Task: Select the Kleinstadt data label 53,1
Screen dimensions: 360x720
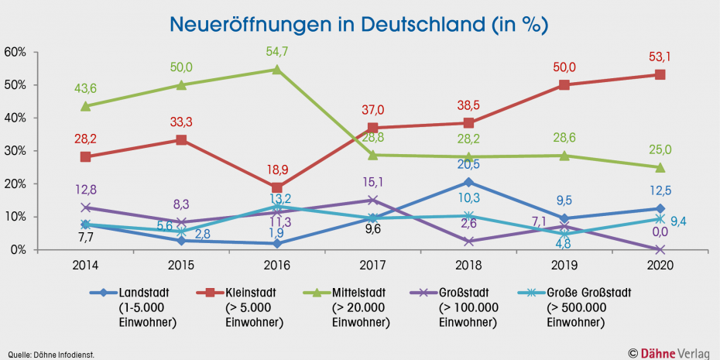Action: point(660,56)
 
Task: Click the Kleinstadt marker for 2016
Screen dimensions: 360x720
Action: point(277,188)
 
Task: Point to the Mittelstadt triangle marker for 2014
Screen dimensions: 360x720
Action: point(85,106)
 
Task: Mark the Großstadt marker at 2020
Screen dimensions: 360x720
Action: point(660,249)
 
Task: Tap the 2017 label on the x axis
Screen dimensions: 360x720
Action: point(372,265)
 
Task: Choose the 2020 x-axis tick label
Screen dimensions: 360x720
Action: point(660,265)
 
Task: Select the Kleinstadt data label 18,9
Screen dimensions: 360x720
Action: point(277,170)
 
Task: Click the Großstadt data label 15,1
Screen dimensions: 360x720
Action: point(372,182)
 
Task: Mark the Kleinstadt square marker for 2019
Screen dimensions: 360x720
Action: point(564,85)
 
